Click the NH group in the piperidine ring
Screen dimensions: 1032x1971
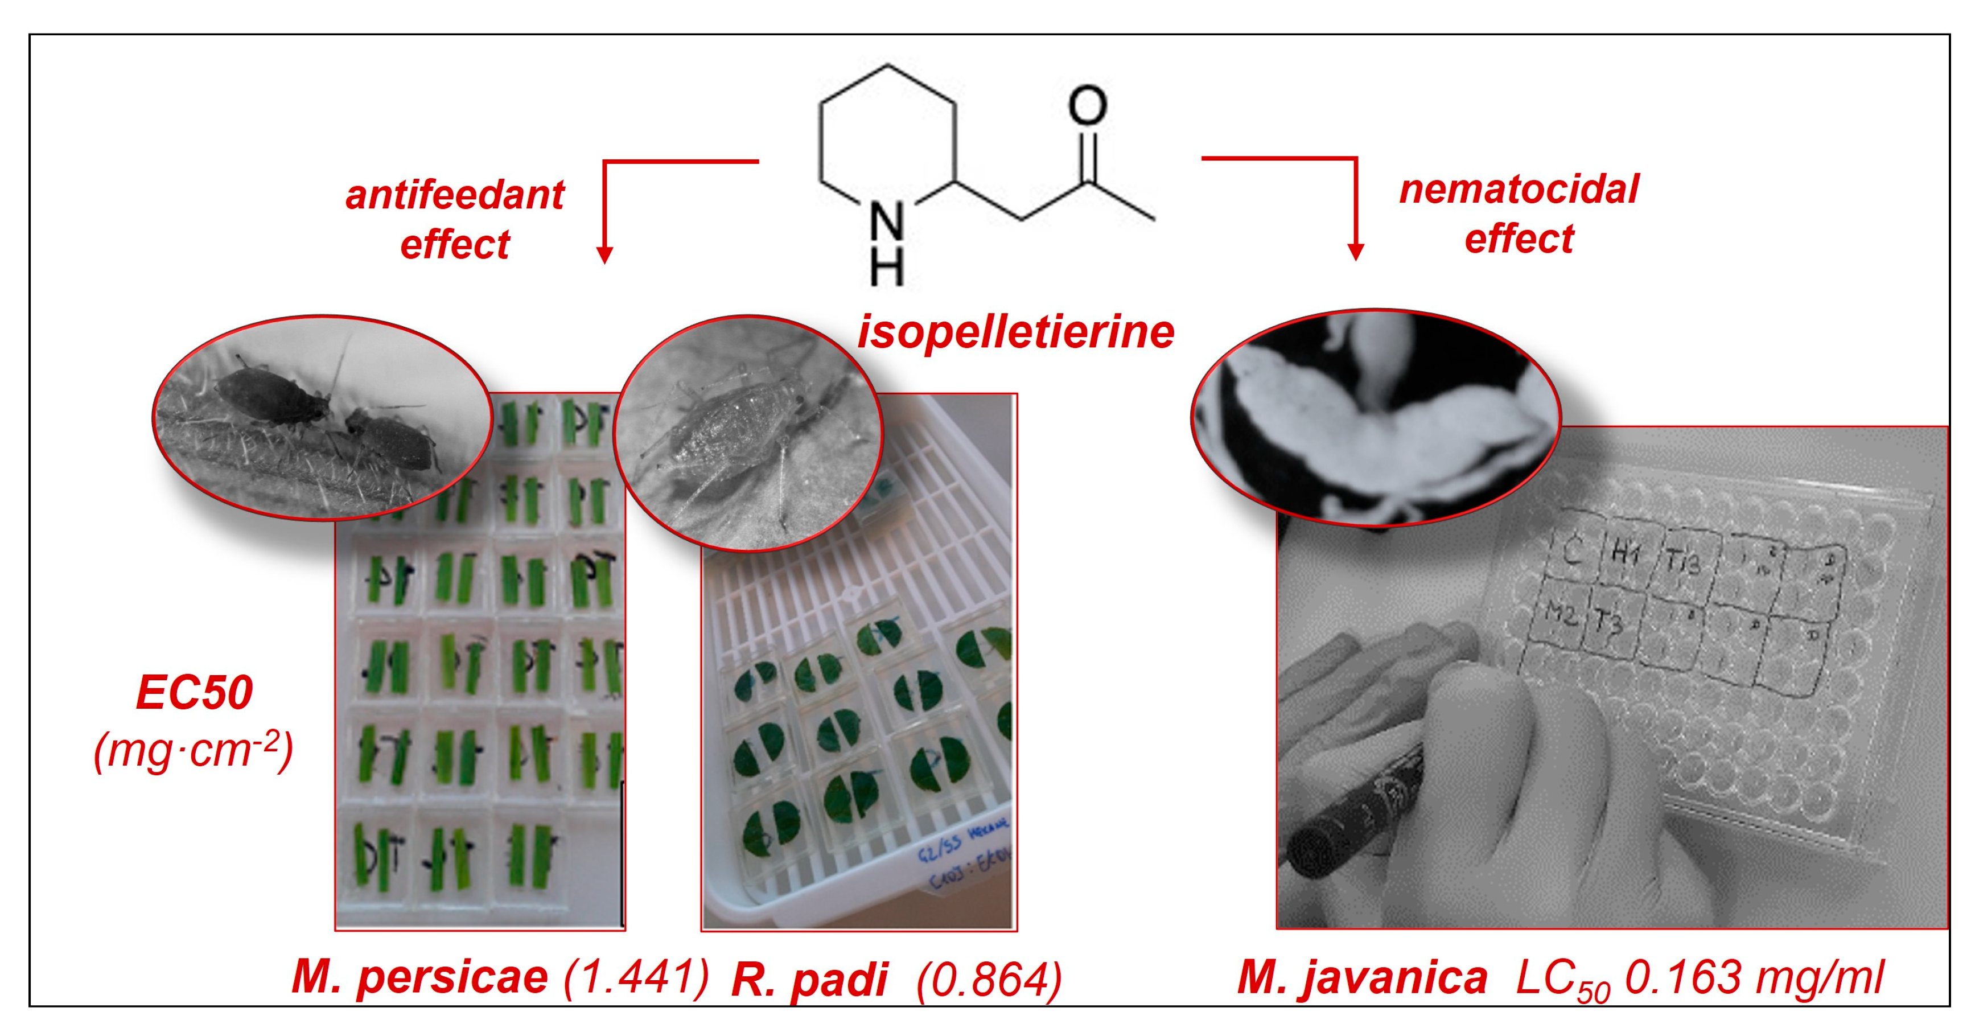click(887, 243)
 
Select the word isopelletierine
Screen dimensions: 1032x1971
click(1015, 332)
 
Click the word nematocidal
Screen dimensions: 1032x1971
click(1519, 188)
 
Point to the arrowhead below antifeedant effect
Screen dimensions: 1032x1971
click(604, 255)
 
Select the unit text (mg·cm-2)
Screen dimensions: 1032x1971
click(194, 751)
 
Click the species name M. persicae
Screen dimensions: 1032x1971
click(419, 977)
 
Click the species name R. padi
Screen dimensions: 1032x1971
click(809, 979)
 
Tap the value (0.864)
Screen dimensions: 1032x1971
click(989, 979)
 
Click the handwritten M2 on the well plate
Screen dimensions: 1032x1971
click(1561, 612)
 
